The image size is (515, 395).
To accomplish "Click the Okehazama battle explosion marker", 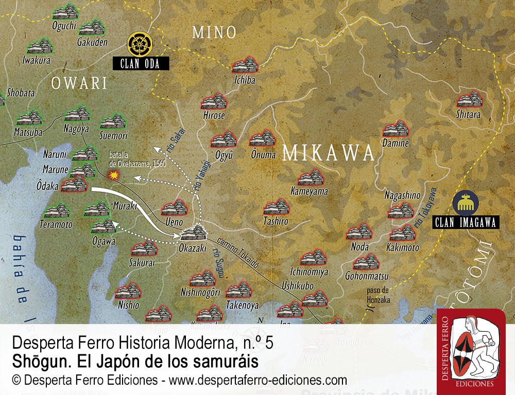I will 116,175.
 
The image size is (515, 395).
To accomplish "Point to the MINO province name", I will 214,32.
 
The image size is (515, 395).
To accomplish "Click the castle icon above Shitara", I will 469,99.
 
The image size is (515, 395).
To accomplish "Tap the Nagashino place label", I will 403,195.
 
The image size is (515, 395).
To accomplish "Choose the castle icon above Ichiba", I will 244,66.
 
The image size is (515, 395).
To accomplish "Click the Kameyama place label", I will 309,191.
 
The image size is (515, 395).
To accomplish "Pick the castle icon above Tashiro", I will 276,208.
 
